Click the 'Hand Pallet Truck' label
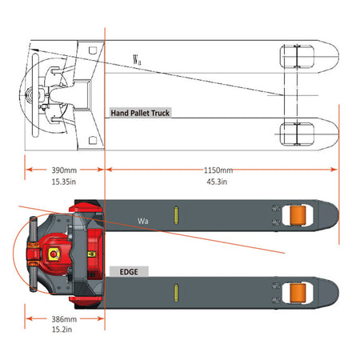[140, 113]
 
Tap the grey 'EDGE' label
[129, 272]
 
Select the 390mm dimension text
[64, 170]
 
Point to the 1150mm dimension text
[218, 170]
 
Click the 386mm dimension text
[64, 319]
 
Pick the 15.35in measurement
[64, 182]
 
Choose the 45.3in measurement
[217, 182]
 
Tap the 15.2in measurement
[62, 330]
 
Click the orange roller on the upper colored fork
[298, 215]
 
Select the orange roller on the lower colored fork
[298, 293]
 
